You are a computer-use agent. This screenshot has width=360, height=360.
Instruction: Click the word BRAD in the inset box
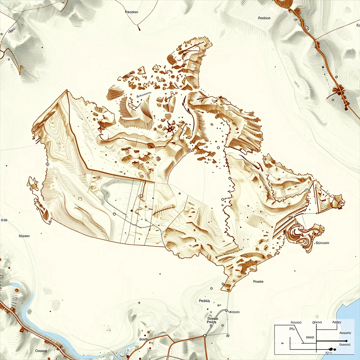[310, 337]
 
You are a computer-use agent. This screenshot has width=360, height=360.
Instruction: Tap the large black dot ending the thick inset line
[347, 341]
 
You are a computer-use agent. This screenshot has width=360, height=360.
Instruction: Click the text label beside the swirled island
[322, 243]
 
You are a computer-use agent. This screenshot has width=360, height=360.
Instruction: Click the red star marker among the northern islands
[171, 128]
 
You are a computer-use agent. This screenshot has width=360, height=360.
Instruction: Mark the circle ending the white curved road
[227, 311]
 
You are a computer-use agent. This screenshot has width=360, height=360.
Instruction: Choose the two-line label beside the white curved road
[212, 320]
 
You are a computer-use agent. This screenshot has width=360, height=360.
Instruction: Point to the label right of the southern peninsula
[258, 282]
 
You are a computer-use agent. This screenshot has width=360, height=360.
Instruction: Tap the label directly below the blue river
[41, 351]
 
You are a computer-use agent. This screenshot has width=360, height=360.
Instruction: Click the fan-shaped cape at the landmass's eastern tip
[338, 201]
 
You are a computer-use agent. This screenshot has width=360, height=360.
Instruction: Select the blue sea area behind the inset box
[352, 313]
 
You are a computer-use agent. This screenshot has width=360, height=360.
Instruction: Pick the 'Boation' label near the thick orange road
[264, 18]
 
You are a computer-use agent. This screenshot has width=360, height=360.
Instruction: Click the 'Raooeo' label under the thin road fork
[131, 12]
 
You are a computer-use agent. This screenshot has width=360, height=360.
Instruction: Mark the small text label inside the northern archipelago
[144, 95]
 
